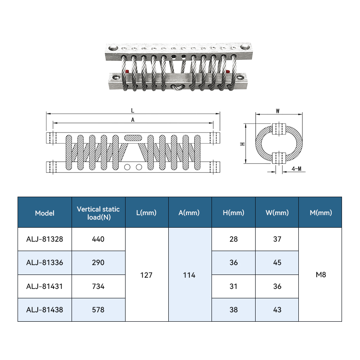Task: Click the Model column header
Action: click(x=45, y=213)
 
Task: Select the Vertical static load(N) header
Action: click(x=98, y=213)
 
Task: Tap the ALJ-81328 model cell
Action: click(x=45, y=239)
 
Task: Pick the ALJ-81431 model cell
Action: click(x=45, y=287)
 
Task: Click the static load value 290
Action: click(x=98, y=263)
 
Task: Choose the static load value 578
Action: click(x=98, y=310)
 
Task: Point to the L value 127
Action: click(x=146, y=275)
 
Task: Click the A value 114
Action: click(x=189, y=275)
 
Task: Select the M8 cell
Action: click(x=321, y=274)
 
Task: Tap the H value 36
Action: click(x=234, y=263)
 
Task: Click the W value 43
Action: click(x=277, y=310)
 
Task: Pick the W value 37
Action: click(x=277, y=239)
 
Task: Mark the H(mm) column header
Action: click(x=234, y=212)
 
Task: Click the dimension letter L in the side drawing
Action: click(x=133, y=111)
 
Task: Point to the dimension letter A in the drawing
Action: click(x=133, y=120)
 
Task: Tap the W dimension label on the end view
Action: click(x=278, y=111)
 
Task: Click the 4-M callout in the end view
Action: click(x=297, y=169)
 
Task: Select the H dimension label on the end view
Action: click(x=243, y=144)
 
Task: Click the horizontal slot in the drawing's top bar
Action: click(x=133, y=138)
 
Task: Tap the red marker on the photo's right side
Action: click(x=228, y=72)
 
